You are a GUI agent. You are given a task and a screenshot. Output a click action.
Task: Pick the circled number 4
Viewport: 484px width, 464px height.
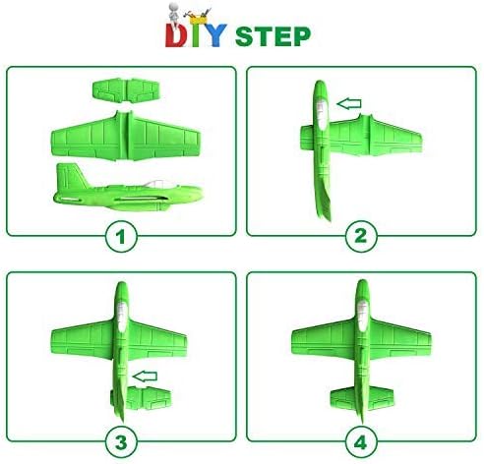361,439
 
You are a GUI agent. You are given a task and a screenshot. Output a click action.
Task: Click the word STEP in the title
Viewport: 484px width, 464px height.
272,36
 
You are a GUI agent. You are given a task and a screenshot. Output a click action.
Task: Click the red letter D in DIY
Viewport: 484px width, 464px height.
176,37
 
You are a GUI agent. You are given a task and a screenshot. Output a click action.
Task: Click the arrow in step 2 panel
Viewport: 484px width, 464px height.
347,101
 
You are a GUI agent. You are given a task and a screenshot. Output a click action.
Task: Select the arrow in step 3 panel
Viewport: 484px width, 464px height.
144,374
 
